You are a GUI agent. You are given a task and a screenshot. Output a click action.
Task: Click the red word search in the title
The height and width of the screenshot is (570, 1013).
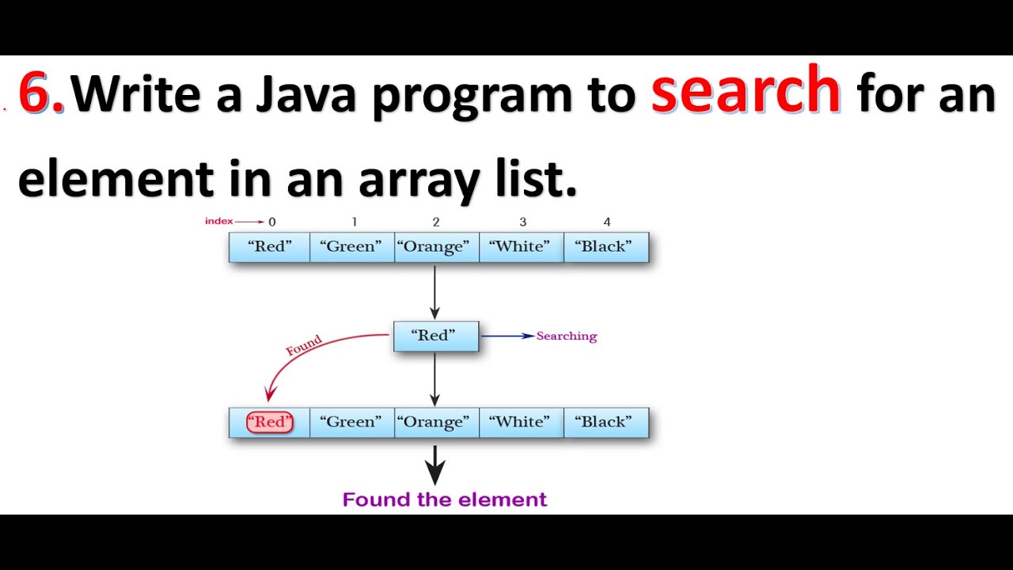[745, 92]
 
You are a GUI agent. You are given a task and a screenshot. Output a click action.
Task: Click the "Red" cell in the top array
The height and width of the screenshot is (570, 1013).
[269, 247]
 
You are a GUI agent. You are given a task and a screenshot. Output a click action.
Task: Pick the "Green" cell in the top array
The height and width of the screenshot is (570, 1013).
[351, 247]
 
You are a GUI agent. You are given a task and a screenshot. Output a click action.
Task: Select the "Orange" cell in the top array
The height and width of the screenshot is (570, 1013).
[436, 247]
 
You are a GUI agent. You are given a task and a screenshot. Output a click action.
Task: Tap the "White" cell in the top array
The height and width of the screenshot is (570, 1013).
[521, 247]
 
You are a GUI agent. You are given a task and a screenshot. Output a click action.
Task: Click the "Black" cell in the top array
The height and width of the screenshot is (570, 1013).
[605, 247]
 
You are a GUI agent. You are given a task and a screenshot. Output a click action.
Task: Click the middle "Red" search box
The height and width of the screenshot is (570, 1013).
[435, 336]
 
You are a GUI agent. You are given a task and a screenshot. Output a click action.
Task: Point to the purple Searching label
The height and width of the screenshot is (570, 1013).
[567, 336]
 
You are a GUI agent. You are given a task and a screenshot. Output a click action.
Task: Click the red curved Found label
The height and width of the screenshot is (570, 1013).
[304, 345]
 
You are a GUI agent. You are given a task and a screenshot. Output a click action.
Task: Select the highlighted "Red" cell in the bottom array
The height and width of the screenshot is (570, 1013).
[269, 423]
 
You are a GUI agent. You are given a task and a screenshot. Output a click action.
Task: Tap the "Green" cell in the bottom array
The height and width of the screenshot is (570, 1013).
[351, 423]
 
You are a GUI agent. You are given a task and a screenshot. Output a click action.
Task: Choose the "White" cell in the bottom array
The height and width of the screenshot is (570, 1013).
[521, 423]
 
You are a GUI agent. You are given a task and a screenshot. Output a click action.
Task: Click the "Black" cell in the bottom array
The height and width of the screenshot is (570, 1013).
[605, 423]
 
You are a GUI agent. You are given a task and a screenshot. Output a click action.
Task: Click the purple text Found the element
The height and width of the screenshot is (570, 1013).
[444, 500]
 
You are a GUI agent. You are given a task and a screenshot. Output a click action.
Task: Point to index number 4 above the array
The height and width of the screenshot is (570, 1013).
[606, 222]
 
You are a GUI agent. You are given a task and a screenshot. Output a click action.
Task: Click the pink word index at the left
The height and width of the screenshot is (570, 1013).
[218, 222]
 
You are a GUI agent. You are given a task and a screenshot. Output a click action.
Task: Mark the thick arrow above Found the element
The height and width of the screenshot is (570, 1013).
[434, 465]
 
